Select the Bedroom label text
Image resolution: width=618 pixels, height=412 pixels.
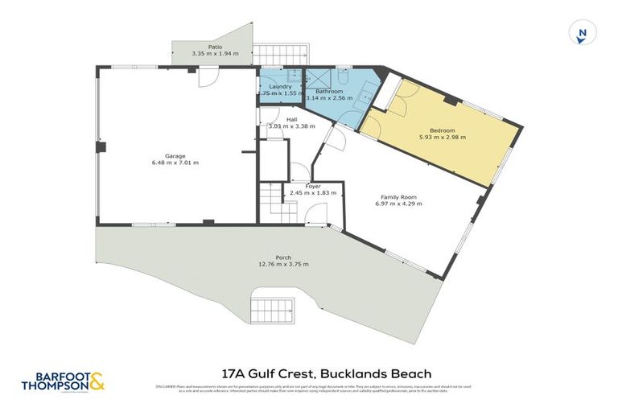(442, 130)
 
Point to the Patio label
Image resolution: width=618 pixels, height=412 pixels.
(215, 47)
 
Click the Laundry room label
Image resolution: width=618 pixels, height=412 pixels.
(279, 87)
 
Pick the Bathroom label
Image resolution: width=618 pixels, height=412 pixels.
(329, 91)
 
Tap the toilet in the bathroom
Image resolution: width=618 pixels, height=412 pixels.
(344, 79)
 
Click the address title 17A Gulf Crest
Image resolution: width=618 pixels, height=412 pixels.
(326, 373)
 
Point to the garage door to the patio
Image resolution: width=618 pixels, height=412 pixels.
(208, 77)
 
